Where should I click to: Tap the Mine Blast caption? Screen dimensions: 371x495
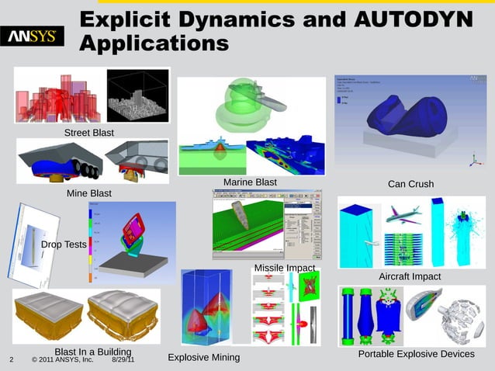coord(88,192)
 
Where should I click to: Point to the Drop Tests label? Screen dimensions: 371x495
coord(64,244)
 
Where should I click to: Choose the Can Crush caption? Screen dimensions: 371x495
coord(410,184)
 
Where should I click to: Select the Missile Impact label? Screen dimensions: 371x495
coord(285,269)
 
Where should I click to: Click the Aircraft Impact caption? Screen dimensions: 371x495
coord(409,276)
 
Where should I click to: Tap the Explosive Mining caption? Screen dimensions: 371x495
coord(204,358)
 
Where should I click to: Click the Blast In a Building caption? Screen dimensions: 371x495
coord(86,352)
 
